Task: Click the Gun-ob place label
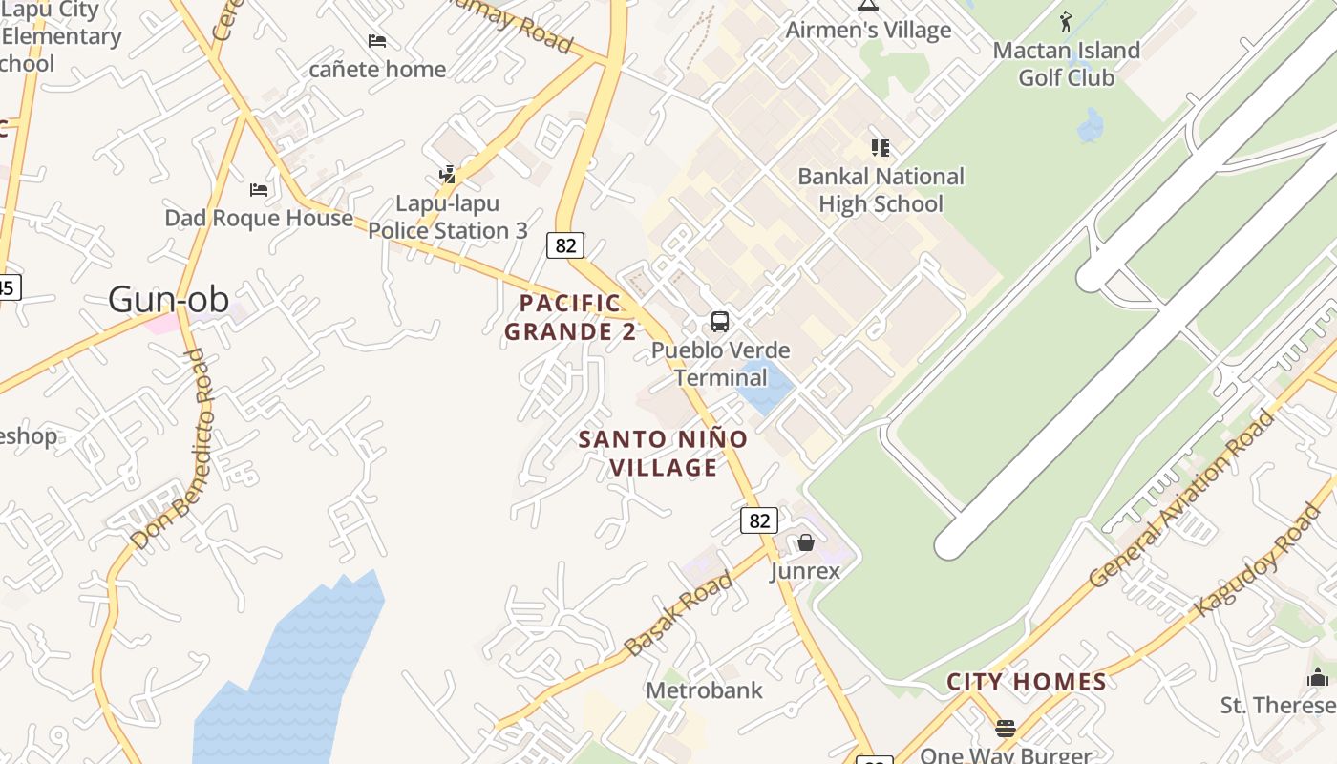point(168,300)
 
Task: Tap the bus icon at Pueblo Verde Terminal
point(720,322)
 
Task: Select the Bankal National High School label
point(881,190)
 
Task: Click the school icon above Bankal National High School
point(881,148)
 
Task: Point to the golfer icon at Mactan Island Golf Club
point(1066,21)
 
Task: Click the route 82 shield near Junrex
point(759,520)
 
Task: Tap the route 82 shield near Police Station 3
point(565,245)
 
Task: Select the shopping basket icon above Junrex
point(806,542)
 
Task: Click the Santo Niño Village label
point(664,454)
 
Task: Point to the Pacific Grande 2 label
point(570,318)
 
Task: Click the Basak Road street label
point(679,613)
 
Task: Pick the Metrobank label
point(704,690)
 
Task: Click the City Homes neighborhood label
point(1026,682)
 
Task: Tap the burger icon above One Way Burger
point(1005,729)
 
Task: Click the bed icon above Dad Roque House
point(259,189)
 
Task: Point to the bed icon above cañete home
point(377,41)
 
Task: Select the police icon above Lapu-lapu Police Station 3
point(448,174)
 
